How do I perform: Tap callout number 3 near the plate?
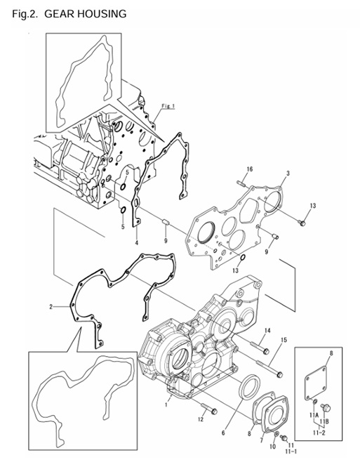click(288, 173)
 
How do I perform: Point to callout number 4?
click(136, 242)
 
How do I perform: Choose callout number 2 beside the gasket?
click(51, 307)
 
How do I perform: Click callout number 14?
click(267, 331)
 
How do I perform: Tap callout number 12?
click(200, 419)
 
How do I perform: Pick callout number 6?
click(224, 433)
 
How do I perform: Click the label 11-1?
click(289, 450)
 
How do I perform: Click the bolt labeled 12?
click(210, 409)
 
